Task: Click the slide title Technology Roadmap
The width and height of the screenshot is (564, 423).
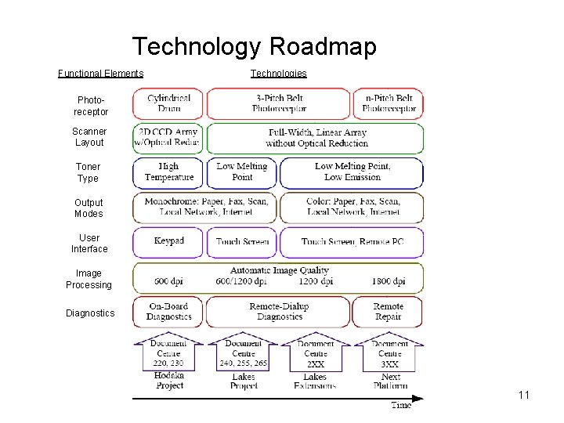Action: coord(254,47)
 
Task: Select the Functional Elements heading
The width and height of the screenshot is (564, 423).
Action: coord(101,74)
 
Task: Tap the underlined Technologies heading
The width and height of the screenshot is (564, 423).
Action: coord(279,74)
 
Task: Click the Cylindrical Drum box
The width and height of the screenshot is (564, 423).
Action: coord(168,103)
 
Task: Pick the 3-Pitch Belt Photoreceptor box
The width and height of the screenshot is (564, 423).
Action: coord(280,103)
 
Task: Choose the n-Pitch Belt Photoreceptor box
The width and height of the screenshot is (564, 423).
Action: coord(389,103)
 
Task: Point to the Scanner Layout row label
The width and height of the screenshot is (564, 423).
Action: coord(89,137)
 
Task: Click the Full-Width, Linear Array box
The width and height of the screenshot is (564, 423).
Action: coord(316,139)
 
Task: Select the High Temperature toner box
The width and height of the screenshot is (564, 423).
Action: coord(168,172)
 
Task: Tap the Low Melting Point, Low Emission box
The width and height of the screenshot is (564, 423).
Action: coord(352,172)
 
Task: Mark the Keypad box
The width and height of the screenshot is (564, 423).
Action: coord(168,241)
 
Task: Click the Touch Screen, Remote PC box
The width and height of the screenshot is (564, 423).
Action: coord(352,242)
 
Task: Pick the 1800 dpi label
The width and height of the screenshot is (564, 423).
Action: coord(389,281)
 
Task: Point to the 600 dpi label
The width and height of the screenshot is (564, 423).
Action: coord(169,281)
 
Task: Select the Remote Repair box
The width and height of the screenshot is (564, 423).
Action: coord(388,312)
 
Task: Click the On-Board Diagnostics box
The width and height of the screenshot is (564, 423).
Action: coord(168,312)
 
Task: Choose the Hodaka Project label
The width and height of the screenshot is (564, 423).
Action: coord(169,381)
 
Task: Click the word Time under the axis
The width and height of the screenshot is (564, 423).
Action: coord(401,405)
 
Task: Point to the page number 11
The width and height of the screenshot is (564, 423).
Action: coord(524,395)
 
